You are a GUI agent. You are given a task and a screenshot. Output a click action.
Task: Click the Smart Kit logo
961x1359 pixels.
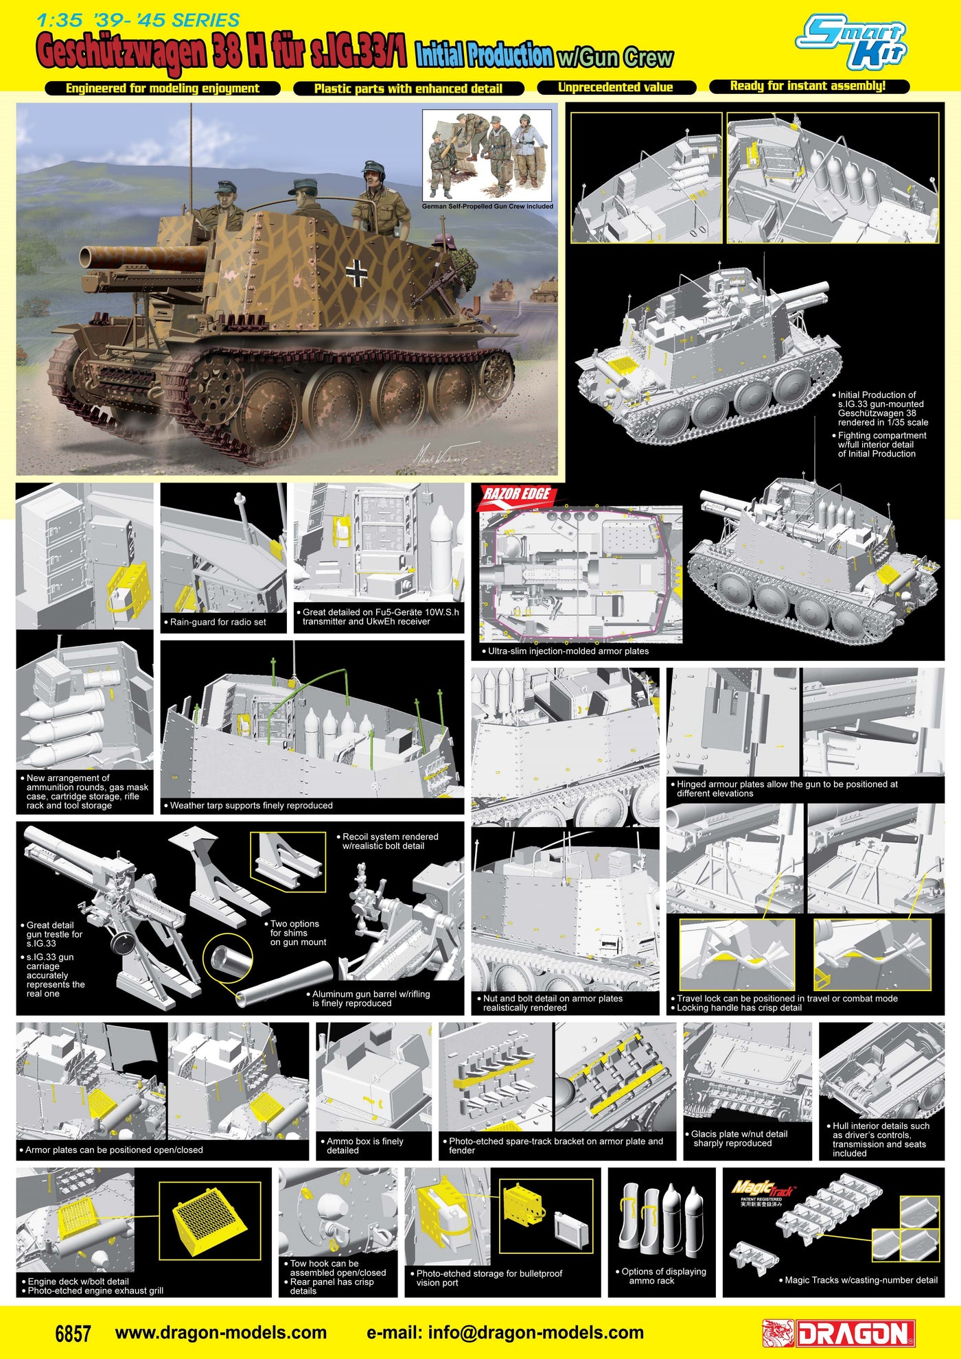(x=852, y=44)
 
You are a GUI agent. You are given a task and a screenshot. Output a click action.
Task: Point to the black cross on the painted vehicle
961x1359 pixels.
(x=357, y=272)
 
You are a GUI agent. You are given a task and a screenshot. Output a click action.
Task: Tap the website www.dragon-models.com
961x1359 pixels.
(x=220, y=1333)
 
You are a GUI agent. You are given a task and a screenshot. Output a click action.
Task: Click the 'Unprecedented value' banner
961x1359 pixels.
(x=616, y=87)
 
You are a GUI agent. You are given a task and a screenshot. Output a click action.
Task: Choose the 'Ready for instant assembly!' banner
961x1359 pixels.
(x=808, y=86)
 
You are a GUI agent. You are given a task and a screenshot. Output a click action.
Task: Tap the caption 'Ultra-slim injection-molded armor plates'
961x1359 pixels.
(x=568, y=651)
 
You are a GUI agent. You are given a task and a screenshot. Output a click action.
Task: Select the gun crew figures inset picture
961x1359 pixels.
(x=487, y=159)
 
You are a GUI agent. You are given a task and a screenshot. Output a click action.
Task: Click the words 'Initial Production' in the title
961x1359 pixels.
(x=484, y=55)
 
